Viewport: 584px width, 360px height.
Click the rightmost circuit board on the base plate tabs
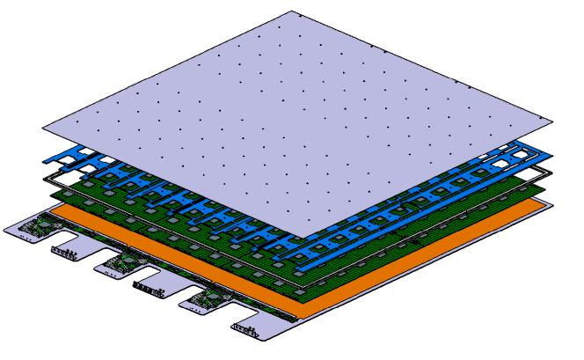[201, 298]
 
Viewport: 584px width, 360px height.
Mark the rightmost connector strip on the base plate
[247, 330]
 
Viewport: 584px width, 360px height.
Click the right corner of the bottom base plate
[554, 205]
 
